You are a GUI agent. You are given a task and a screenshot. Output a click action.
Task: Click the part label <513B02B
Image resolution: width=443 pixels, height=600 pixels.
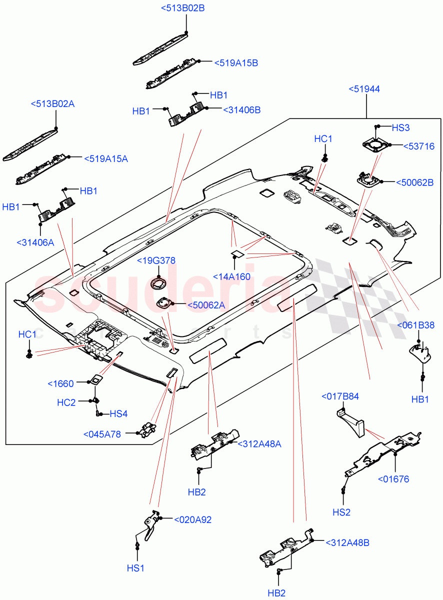click(x=183, y=8)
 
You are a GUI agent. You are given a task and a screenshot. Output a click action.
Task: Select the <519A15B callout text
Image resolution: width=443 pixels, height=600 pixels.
click(x=236, y=63)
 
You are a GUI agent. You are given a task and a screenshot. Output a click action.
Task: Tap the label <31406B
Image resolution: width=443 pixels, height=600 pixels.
click(x=241, y=109)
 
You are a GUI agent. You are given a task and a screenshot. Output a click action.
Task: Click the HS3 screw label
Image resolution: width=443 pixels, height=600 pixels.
click(x=400, y=127)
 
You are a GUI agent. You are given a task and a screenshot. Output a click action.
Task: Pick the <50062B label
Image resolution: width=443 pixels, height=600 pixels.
click(x=414, y=182)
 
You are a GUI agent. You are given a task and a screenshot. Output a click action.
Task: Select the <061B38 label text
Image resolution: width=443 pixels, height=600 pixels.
click(x=416, y=325)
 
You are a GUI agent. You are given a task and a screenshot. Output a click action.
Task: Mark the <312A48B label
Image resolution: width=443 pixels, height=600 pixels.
click(x=347, y=542)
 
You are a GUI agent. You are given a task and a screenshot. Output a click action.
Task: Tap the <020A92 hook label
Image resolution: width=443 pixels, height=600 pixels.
click(x=192, y=519)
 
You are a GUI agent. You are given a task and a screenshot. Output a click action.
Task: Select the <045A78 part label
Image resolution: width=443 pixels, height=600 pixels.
click(x=102, y=434)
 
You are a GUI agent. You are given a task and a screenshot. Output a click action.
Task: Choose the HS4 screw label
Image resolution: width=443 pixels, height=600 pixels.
click(x=119, y=413)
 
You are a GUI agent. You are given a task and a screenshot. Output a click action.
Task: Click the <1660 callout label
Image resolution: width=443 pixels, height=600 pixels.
click(x=60, y=384)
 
